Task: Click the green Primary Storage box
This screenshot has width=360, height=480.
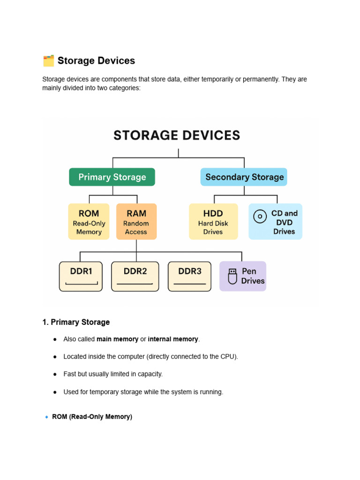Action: (112, 177)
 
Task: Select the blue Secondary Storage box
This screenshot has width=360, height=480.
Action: (244, 177)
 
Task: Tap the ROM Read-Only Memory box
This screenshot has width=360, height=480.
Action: (89, 222)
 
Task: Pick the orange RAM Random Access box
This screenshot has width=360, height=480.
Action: (136, 222)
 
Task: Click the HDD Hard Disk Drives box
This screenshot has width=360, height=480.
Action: (213, 222)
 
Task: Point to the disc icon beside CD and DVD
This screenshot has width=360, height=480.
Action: (260, 217)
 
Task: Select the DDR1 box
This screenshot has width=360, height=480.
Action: (81, 277)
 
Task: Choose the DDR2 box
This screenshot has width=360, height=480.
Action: (135, 277)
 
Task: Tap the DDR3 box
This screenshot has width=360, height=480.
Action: (189, 277)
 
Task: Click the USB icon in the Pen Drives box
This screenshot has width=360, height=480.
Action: (232, 277)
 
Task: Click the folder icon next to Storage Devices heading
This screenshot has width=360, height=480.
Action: (48, 61)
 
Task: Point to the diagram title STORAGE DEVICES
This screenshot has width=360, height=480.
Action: (177, 135)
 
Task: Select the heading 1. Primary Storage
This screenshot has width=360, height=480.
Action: (76, 322)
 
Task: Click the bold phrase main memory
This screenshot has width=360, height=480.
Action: (117, 339)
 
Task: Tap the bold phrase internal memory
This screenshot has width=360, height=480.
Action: (173, 339)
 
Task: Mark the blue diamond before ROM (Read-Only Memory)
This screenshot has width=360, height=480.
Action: (46, 417)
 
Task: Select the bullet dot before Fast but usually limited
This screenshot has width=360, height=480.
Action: (55, 375)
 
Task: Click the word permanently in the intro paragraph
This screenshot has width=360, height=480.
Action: (260, 79)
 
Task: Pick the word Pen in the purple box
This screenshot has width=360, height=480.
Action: (249, 271)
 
